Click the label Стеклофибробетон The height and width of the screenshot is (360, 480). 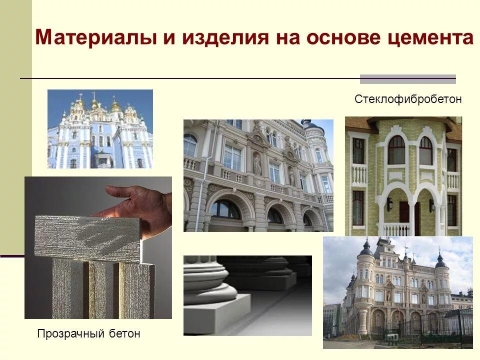point(408,99)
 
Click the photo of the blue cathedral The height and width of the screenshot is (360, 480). point(100,128)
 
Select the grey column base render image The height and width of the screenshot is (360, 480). point(247,295)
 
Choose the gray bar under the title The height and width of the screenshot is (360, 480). point(408,78)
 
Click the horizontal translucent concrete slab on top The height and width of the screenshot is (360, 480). point(87,238)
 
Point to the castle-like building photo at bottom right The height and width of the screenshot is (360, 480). point(397,292)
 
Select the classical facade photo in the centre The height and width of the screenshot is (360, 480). point(258,175)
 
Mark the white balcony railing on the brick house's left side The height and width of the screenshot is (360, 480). point(358,174)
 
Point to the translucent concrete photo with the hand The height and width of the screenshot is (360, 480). point(98,247)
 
